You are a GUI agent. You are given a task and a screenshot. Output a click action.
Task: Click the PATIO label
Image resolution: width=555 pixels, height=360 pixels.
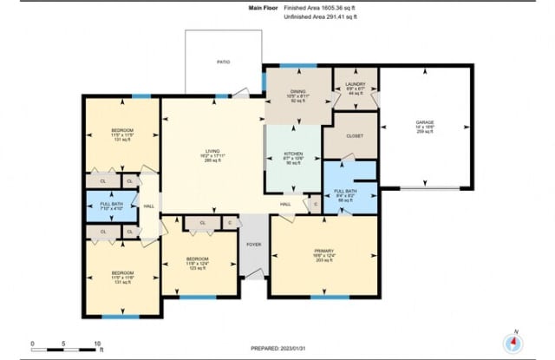coord(223,62)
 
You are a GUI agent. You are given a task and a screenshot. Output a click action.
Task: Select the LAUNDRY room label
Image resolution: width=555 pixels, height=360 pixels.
coord(356,84)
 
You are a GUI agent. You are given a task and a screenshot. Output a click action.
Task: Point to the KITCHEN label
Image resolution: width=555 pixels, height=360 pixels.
coord(294,153)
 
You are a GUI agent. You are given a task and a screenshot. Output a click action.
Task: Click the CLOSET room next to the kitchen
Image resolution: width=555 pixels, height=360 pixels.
coord(355,136)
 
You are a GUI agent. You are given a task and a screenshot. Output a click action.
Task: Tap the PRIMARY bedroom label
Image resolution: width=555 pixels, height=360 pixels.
coord(323,251)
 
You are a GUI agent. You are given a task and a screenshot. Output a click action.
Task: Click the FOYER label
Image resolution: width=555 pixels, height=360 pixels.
coord(255,245)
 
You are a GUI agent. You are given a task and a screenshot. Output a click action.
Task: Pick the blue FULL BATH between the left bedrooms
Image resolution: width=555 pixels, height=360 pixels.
coord(111,206)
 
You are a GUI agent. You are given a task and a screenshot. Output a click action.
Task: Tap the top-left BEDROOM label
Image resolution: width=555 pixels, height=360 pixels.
coord(121,131)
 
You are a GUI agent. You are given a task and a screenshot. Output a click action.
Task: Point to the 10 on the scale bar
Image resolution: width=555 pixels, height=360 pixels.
coord(97,343)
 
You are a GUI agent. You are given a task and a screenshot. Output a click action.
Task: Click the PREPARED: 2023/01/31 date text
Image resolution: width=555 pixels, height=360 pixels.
coord(277,348)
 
